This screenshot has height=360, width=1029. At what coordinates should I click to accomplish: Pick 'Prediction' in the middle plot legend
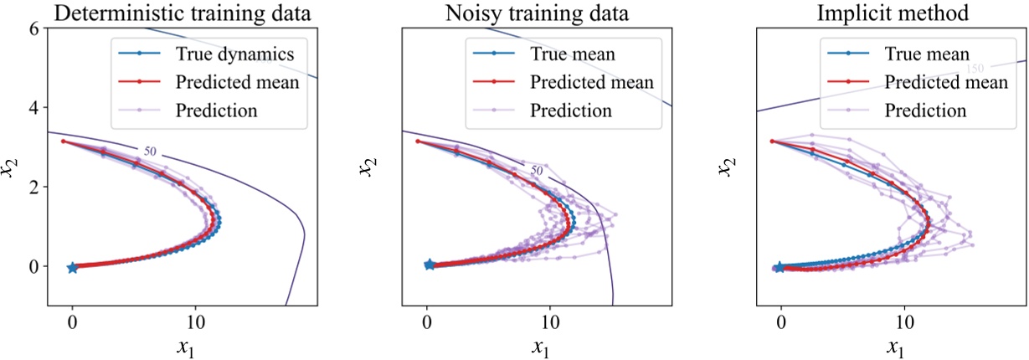570,110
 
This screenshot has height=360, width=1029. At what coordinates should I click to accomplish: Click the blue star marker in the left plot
72,267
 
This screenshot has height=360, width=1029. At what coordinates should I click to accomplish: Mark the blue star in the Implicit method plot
780,267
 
